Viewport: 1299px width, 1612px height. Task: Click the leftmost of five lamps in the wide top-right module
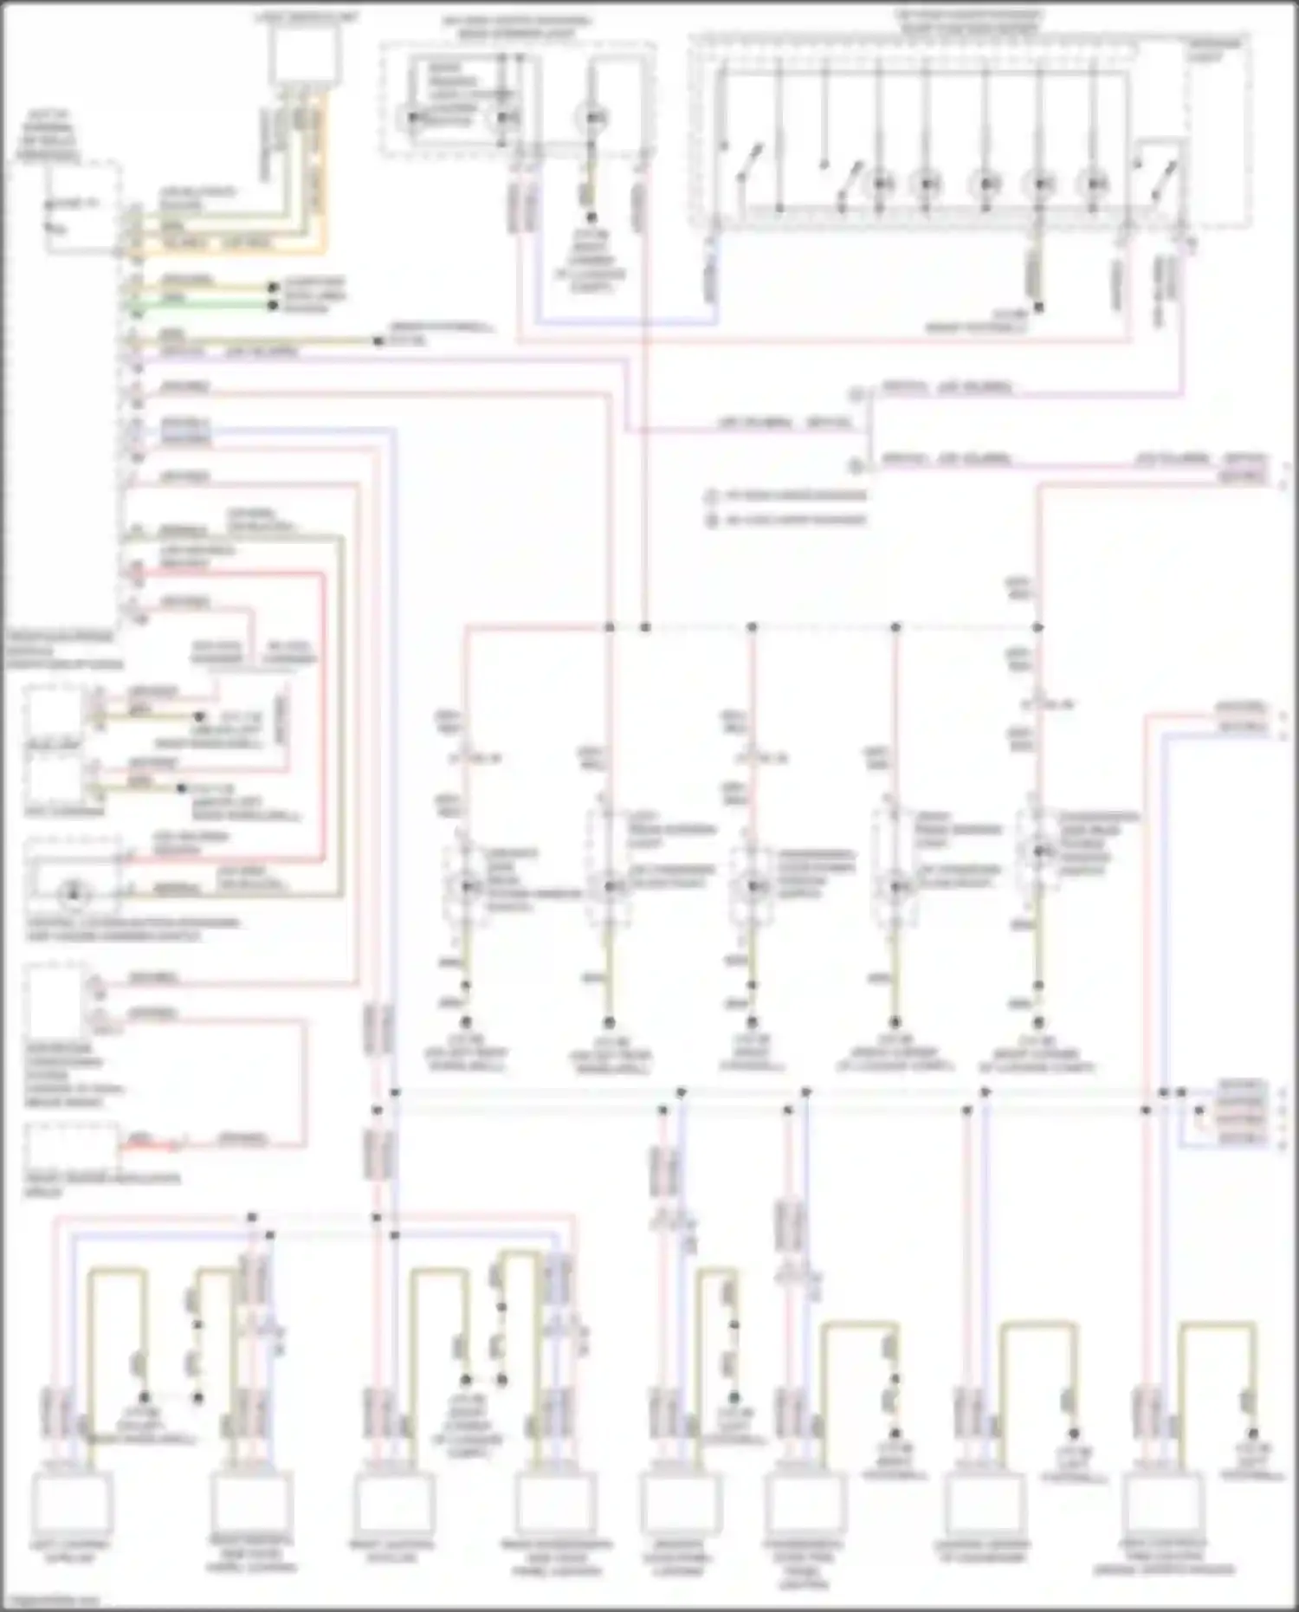(x=881, y=183)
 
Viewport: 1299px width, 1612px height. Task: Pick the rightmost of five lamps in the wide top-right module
(x=1095, y=183)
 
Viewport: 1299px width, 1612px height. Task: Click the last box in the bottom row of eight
(x=1167, y=1504)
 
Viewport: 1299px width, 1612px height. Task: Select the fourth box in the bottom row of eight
(x=554, y=1504)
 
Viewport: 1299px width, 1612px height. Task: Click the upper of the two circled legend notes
(x=712, y=496)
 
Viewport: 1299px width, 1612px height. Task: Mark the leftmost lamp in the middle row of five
(x=466, y=885)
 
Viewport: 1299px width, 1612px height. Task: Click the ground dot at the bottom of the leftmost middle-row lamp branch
(x=465, y=1022)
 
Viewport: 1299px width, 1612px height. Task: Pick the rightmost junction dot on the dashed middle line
(x=1037, y=626)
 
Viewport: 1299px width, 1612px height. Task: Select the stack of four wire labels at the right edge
(x=1240, y=1114)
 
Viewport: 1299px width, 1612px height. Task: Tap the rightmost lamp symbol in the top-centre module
(x=594, y=117)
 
